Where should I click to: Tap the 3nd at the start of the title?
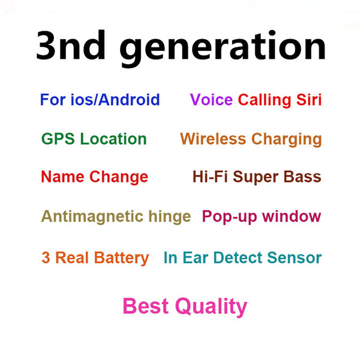pos(71,45)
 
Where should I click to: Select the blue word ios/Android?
pos(115,100)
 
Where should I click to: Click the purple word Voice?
pos(211,100)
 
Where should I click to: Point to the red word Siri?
pos(309,100)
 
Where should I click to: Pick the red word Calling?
pos(265,101)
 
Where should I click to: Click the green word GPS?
pos(58,139)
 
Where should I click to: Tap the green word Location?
pos(113,139)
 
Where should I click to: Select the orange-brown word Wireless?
pos(213,139)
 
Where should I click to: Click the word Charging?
pos(287,140)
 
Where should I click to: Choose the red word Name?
pos(62,176)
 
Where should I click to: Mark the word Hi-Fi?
pos(210,176)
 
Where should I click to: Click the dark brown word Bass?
pos(302,176)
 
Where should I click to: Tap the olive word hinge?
pos(170,217)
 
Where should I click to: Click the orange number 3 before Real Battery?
pos(46,257)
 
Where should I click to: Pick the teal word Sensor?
pos(295,257)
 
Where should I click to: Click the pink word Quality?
pos(211,307)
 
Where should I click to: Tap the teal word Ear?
pos(196,257)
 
